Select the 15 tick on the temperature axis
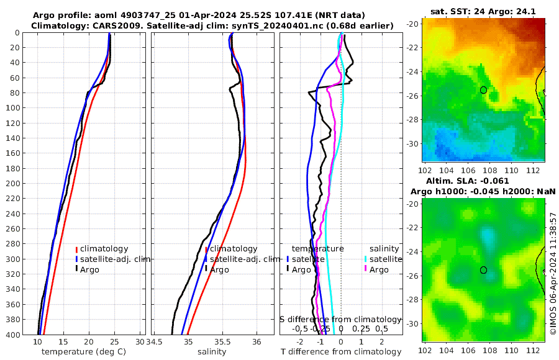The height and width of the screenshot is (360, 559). tap(63, 342)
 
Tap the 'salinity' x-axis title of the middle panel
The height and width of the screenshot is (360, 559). tap(211, 352)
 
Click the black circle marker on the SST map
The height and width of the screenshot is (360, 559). tap(484, 90)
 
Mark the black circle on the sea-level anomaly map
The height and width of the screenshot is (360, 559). tap(484, 270)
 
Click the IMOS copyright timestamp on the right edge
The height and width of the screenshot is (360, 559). tap(553, 273)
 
